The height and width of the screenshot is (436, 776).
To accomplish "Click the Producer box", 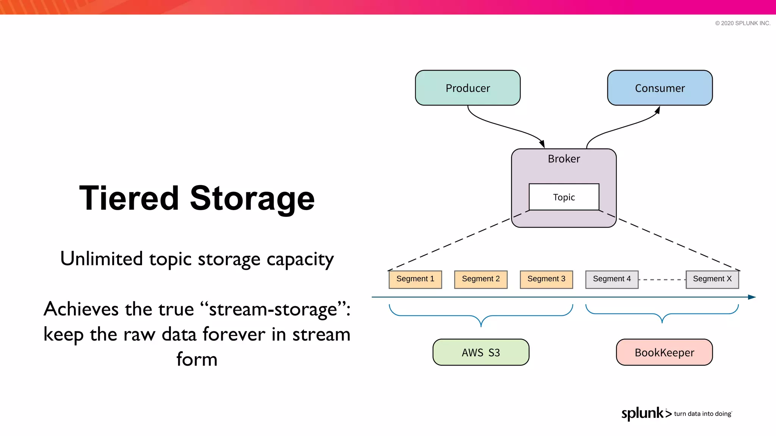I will pyautogui.click(x=468, y=88).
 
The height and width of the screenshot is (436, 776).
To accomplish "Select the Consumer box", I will pyautogui.click(x=660, y=88).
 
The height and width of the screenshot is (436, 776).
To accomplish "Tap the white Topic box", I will pyautogui.click(x=564, y=197).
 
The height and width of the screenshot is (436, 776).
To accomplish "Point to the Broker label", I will pyautogui.click(x=564, y=159).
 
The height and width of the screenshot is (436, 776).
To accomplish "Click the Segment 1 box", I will pyautogui.click(x=415, y=279).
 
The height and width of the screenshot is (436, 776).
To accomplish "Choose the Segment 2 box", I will pyautogui.click(x=481, y=279).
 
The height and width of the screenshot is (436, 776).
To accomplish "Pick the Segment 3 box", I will pyautogui.click(x=546, y=279).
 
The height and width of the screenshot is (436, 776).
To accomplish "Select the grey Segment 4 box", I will pyautogui.click(x=612, y=279).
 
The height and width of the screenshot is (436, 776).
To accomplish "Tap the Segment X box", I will pyautogui.click(x=712, y=279).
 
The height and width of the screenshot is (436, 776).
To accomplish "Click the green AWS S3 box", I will pyautogui.click(x=481, y=352).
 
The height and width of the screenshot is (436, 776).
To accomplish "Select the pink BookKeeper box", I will pyautogui.click(x=664, y=352).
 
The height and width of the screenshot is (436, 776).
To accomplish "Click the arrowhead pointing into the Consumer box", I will pyautogui.click(x=658, y=110).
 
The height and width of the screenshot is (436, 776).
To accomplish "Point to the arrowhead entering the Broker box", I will pyautogui.click(x=542, y=144).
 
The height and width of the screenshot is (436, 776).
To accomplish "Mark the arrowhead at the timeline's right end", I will pyautogui.click(x=752, y=297).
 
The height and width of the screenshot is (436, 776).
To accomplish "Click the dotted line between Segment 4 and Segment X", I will pyautogui.click(x=662, y=280).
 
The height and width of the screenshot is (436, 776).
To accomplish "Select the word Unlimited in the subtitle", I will pyautogui.click(x=102, y=259).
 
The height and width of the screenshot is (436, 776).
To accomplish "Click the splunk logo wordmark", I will pyautogui.click(x=643, y=413).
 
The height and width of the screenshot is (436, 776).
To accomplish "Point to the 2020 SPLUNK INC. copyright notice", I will pyautogui.click(x=743, y=23).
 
